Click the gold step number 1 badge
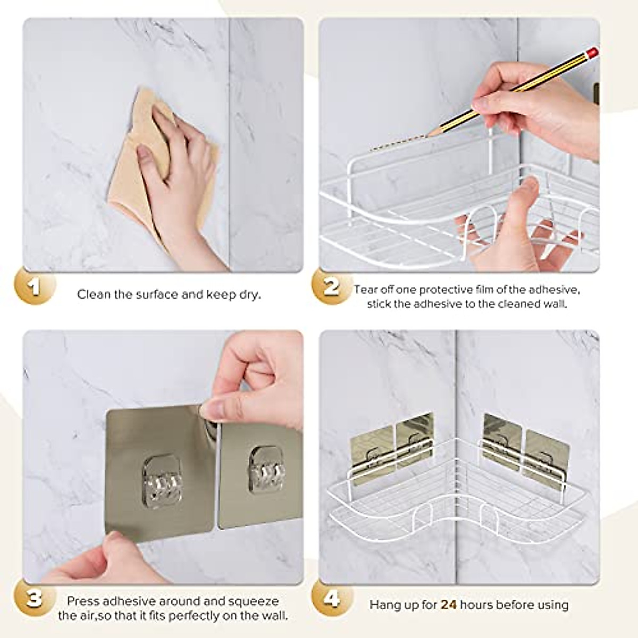tap(35, 288)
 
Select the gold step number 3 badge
tap(35, 599)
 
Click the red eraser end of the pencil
tap(593, 52)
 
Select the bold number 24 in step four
tap(449, 605)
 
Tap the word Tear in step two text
tap(366, 290)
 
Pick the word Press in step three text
tap(82, 601)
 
